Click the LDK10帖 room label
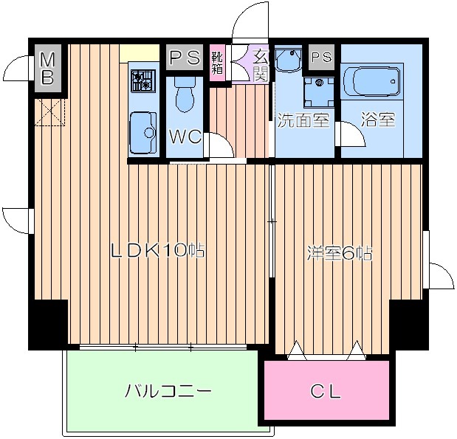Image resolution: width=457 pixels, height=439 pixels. [157, 252]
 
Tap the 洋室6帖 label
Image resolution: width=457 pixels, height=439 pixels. [339, 254]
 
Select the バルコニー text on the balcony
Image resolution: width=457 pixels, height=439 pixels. [168, 390]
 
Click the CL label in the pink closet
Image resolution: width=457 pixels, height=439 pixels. [325, 392]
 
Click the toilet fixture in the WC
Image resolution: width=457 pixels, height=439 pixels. [185, 95]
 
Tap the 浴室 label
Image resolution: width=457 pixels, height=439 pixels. [378, 120]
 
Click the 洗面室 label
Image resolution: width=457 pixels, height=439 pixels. [303, 120]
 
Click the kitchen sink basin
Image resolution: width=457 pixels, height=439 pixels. [143, 131]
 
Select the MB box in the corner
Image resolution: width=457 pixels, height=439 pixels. [47, 69]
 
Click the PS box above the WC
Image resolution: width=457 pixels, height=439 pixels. [184, 57]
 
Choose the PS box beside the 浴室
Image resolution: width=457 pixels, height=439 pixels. [321, 56]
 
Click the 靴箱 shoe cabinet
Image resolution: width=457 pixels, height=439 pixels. [218, 62]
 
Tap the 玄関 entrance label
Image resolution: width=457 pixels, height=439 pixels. [261, 63]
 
